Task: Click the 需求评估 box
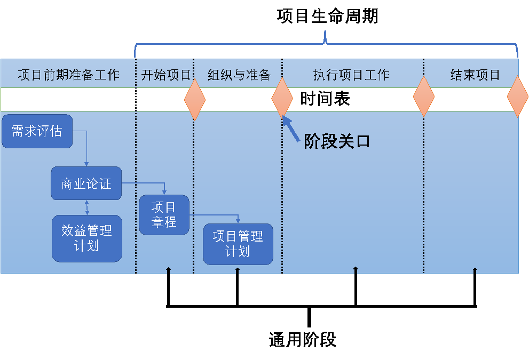click(x=37, y=131)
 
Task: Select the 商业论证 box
click(x=86, y=184)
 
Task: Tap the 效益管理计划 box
click(x=86, y=238)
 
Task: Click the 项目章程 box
click(x=164, y=215)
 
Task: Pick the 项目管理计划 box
click(x=238, y=244)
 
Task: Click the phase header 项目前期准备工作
click(x=68, y=75)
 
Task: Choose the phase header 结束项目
click(x=475, y=75)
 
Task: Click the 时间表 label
click(x=325, y=99)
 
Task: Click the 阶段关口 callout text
click(x=337, y=141)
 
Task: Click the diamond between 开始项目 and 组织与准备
click(x=195, y=100)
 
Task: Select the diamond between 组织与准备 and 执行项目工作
click(x=282, y=99)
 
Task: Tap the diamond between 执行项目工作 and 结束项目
click(x=424, y=97)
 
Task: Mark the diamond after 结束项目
click(x=517, y=97)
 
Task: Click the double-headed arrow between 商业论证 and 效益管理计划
click(x=87, y=207)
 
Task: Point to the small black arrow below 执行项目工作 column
click(x=356, y=270)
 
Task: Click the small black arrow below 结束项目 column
click(x=475, y=270)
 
